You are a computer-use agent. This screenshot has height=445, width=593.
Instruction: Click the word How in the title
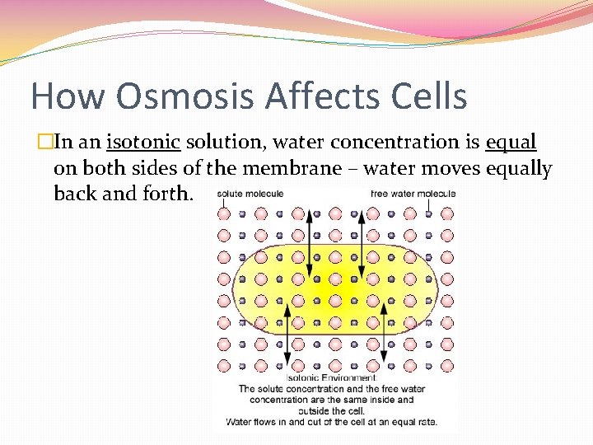[x=68, y=96]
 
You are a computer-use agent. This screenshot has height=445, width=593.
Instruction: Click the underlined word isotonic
[x=143, y=143]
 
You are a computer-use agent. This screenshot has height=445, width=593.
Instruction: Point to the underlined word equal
[x=511, y=143]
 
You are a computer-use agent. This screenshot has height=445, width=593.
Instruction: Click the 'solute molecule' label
[x=250, y=194]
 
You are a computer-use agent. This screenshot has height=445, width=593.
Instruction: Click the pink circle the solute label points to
[x=224, y=213]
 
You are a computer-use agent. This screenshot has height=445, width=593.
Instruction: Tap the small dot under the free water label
[x=429, y=213]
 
